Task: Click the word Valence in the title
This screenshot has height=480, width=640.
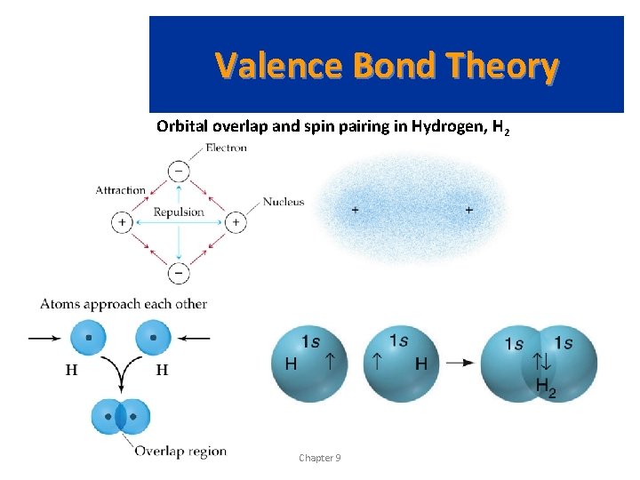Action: pos(280,66)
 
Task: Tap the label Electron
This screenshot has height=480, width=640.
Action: pos(226,148)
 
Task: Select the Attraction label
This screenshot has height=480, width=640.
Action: pos(121,189)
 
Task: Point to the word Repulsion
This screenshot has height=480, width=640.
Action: pos(179,212)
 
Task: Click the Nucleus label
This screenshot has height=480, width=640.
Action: pos(284,202)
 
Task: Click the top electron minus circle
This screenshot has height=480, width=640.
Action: pos(179,170)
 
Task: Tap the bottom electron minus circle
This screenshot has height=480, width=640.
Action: pos(179,273)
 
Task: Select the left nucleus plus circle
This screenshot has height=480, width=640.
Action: pos(122,221)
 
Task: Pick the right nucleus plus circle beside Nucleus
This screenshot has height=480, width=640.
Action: pos(236,221)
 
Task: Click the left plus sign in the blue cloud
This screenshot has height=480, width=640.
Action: pos(356,210)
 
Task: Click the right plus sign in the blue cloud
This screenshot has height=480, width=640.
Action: pos(468,210)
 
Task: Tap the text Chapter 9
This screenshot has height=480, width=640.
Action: pos(319,458)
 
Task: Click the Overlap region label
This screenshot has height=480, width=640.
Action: pos(180,451)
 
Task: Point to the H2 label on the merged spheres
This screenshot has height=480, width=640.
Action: pos(546,387)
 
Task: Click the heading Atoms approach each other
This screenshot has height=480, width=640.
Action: pos(124,304)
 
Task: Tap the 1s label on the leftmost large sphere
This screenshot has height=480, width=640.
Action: pos(311,341)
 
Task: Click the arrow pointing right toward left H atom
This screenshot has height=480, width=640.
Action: pos(47,338)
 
